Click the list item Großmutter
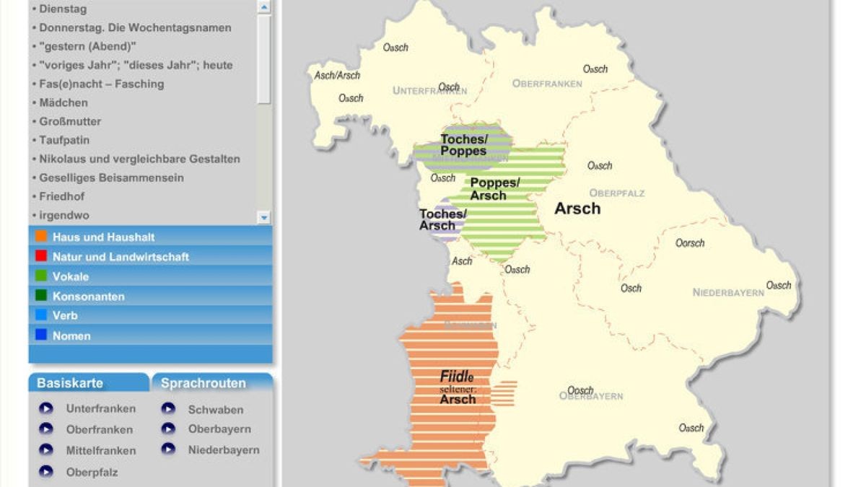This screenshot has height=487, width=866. [x=70, y=121]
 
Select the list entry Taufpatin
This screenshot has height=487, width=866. [x=64, y=140]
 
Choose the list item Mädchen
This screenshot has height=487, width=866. [x=64, y=102]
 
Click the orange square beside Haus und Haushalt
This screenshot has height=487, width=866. [x=41, y=237]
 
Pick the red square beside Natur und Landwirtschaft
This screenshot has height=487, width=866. [x=41, y=256]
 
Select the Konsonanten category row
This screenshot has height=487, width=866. [x=88, y=297]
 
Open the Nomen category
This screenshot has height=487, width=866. [x=71, y=335]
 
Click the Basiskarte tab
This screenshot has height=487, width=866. [x=70, y=383]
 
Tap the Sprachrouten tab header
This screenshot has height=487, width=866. [x=204, y=383]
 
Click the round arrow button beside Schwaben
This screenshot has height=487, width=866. [x=168, y=409]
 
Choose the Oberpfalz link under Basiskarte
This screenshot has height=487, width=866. [x=92, y=472]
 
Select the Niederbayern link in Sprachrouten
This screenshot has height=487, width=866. [x=224, y=449]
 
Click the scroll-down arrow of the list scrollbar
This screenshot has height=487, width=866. [x=263, y=216]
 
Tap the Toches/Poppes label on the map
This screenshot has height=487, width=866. [x=464, y=145]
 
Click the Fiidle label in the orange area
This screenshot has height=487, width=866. [x=457, y=377]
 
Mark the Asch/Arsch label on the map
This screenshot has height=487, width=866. [x=337, y=75]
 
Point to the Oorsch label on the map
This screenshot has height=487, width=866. [x=690, y=243]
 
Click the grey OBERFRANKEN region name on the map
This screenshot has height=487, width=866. [x=547, y=84]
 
